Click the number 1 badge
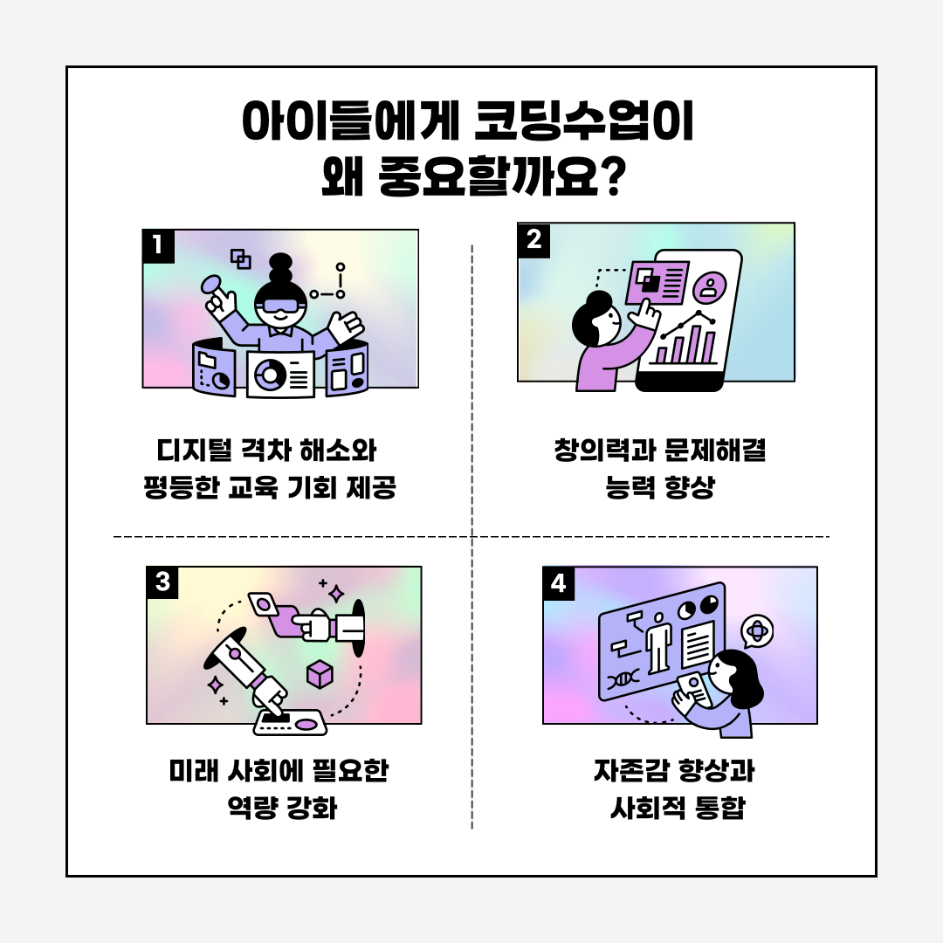click(158, 246)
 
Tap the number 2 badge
click(534, 240)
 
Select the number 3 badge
click(162, 582)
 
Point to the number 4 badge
click(559, 583)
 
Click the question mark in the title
click(614, 176)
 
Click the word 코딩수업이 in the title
click(583, 120)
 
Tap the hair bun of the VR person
click(280, 269)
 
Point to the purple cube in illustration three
click(320, 674)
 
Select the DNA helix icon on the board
click(623, 680)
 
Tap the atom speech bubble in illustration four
click(757, 631)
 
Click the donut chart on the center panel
click(268, 375)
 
